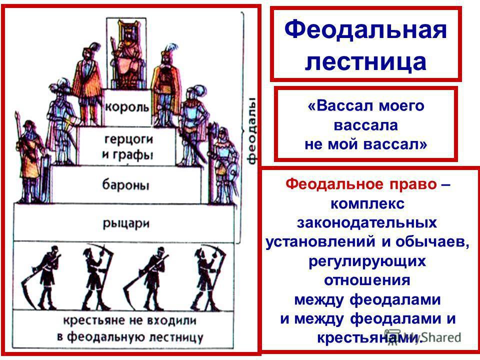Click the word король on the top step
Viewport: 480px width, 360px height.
point(127,107)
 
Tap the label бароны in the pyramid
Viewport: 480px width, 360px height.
point(125,184)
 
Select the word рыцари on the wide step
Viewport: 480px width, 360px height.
point(126,224)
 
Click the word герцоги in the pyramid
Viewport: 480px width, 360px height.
point(128,139)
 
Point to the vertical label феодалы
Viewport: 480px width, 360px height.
point(252,131)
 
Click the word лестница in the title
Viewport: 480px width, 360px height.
point(365,61)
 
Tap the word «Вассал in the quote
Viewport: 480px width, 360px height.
point(340,106)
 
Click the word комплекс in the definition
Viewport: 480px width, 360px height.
point(367,203)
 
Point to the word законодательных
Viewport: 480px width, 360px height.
point(366,222)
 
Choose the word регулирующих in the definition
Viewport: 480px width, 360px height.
point(367,261)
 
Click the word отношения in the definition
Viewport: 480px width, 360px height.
point(367,280)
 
